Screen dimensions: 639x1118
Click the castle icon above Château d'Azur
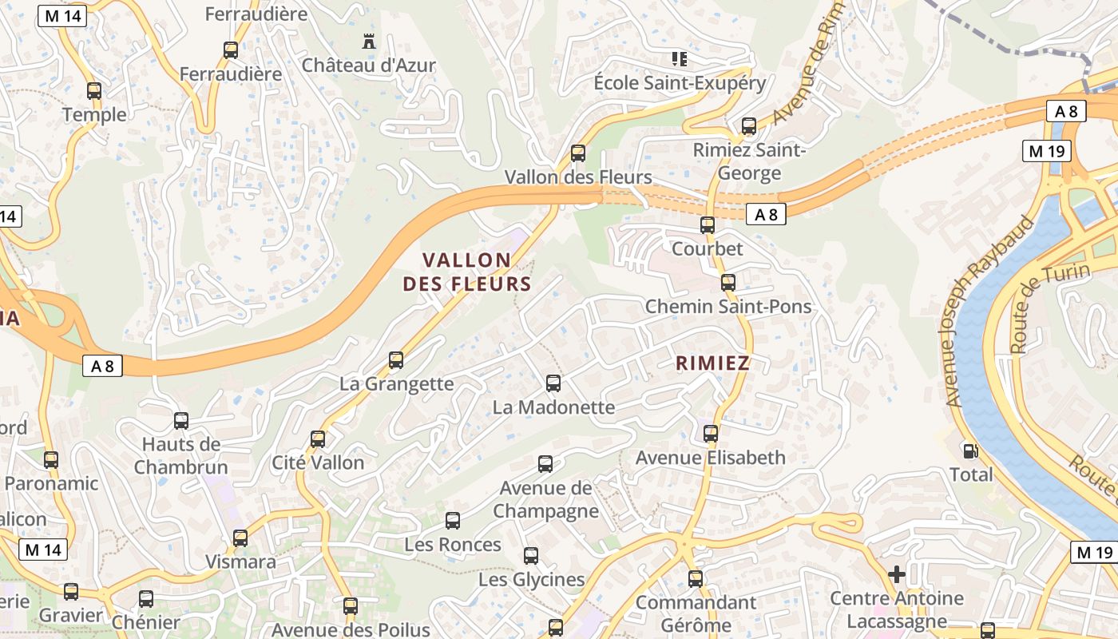tap(368, 41)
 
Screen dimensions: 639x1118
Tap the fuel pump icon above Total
tap(970, 451)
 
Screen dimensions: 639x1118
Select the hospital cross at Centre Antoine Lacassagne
tap(896, 574)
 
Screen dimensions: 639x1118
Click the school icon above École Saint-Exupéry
tap(680, 58)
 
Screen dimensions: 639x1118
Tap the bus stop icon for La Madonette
tap(553, 383)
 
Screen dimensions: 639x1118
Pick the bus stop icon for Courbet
tap(708, 225)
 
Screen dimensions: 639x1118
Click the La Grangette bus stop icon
tap(396, 360)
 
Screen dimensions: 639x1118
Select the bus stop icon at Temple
tap(94, 91)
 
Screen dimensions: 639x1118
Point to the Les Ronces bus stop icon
tap(453, 521)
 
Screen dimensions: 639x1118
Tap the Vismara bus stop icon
tap(240, 538)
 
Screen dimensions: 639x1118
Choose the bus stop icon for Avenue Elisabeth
tap(711, 434)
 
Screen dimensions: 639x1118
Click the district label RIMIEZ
tap(712, 363)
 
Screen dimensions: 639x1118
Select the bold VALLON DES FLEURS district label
tap(467, 272)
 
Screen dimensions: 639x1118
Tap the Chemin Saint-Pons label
tap(728, 307)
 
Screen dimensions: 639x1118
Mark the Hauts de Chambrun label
tap(181, 455)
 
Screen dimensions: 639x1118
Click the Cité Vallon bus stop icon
tap(318, 439)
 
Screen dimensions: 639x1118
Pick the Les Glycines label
tap(531, 579)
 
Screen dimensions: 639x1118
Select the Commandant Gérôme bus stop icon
tap(696, 578)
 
